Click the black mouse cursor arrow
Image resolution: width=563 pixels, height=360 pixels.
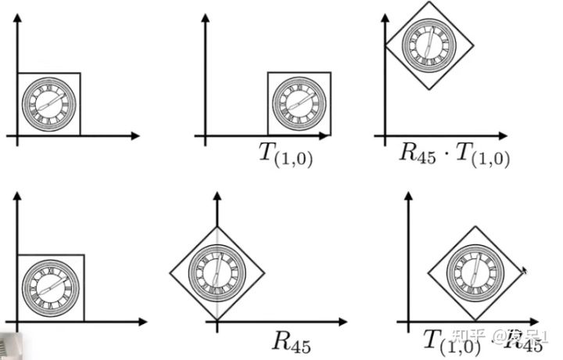point(524,270)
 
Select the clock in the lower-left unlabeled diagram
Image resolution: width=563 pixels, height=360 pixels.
point(50,286)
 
